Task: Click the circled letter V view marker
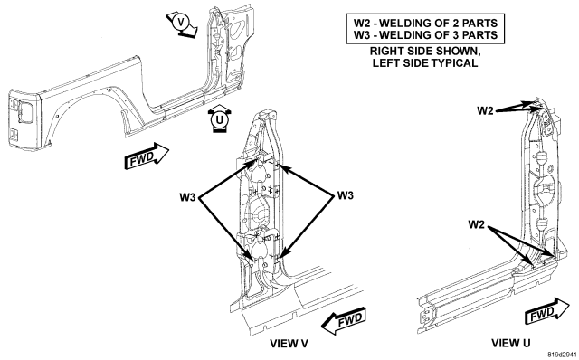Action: [x=181, y=23]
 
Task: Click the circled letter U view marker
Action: [x=219, y=119]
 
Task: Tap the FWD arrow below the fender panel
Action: [x=147, y=156]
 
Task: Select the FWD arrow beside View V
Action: [x=344, y=320]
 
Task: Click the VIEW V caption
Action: [x=289, y=344]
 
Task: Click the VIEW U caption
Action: [x=510, y=343]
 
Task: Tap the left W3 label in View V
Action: [x=187, y=197]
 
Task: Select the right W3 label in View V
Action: [x=346, y=195]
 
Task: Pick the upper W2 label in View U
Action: [x=485, y=110]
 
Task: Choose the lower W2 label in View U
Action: [x=477, y=224]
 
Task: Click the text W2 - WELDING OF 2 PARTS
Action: [x=425, y=23]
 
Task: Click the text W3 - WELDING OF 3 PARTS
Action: [x=425, y=35]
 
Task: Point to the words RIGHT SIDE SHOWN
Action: [x=425, y=51]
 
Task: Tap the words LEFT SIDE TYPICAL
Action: [x=425, y=62]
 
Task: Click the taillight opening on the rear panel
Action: [x=24, y=111]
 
